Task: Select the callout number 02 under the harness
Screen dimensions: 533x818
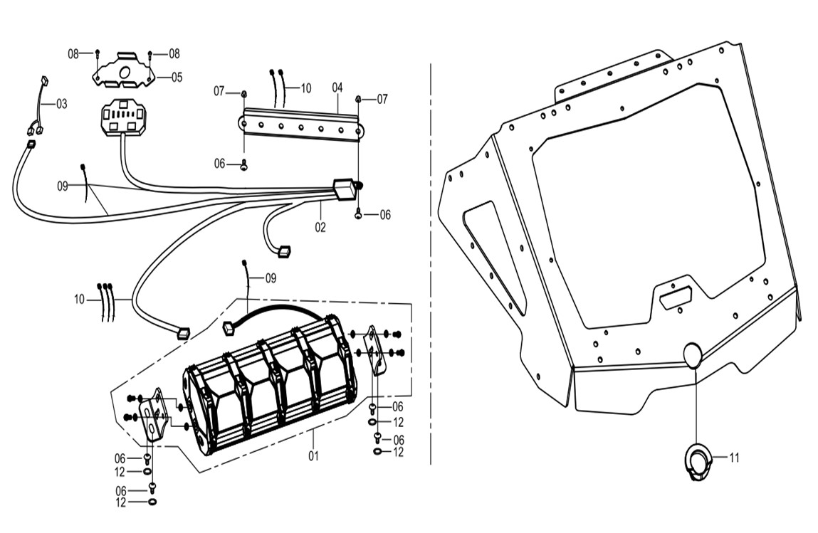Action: (320, 228)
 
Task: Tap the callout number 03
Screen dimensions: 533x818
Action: (62, 104)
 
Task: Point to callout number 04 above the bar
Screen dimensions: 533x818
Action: (337, 88)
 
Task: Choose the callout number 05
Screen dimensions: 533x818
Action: (177, 77)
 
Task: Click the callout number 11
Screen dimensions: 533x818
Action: (734, 458)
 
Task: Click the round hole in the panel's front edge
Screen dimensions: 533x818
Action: (693, 354)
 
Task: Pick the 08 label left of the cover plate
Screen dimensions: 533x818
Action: (73, 53)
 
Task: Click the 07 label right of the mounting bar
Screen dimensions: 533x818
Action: (382, 99)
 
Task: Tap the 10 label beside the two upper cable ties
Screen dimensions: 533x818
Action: (305, 89)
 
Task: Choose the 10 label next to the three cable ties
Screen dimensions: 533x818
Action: (78, 300)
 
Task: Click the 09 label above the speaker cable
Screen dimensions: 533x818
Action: (271, 277)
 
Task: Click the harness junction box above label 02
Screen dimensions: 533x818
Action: (345, 191)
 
